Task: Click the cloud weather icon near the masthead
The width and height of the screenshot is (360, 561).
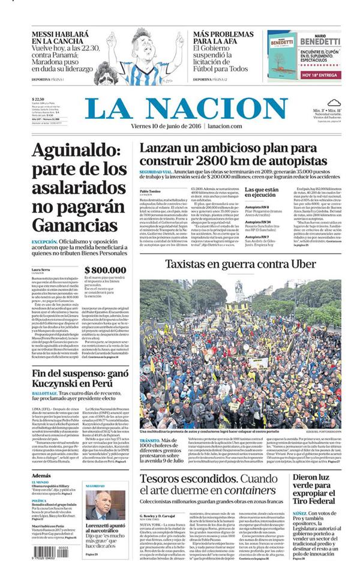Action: click(334, 103)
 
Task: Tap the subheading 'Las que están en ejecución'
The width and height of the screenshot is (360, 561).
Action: click(261, 193)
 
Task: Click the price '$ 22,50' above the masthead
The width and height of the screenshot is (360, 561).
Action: click(38, 100)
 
